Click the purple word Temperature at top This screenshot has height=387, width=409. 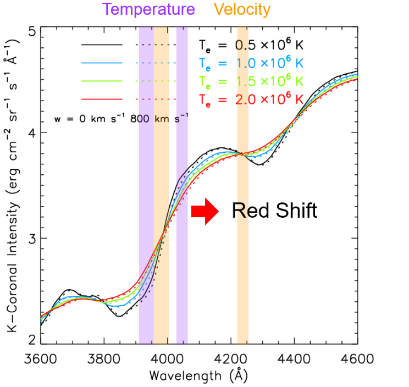148,9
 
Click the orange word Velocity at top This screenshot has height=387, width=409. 242,9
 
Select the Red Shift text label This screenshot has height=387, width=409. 274,210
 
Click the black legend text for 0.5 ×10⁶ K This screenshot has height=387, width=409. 251,44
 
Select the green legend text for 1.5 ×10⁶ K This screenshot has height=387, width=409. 251,81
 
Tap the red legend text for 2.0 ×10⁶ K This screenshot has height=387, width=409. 251,99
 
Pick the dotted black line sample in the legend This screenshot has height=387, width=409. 156,44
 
